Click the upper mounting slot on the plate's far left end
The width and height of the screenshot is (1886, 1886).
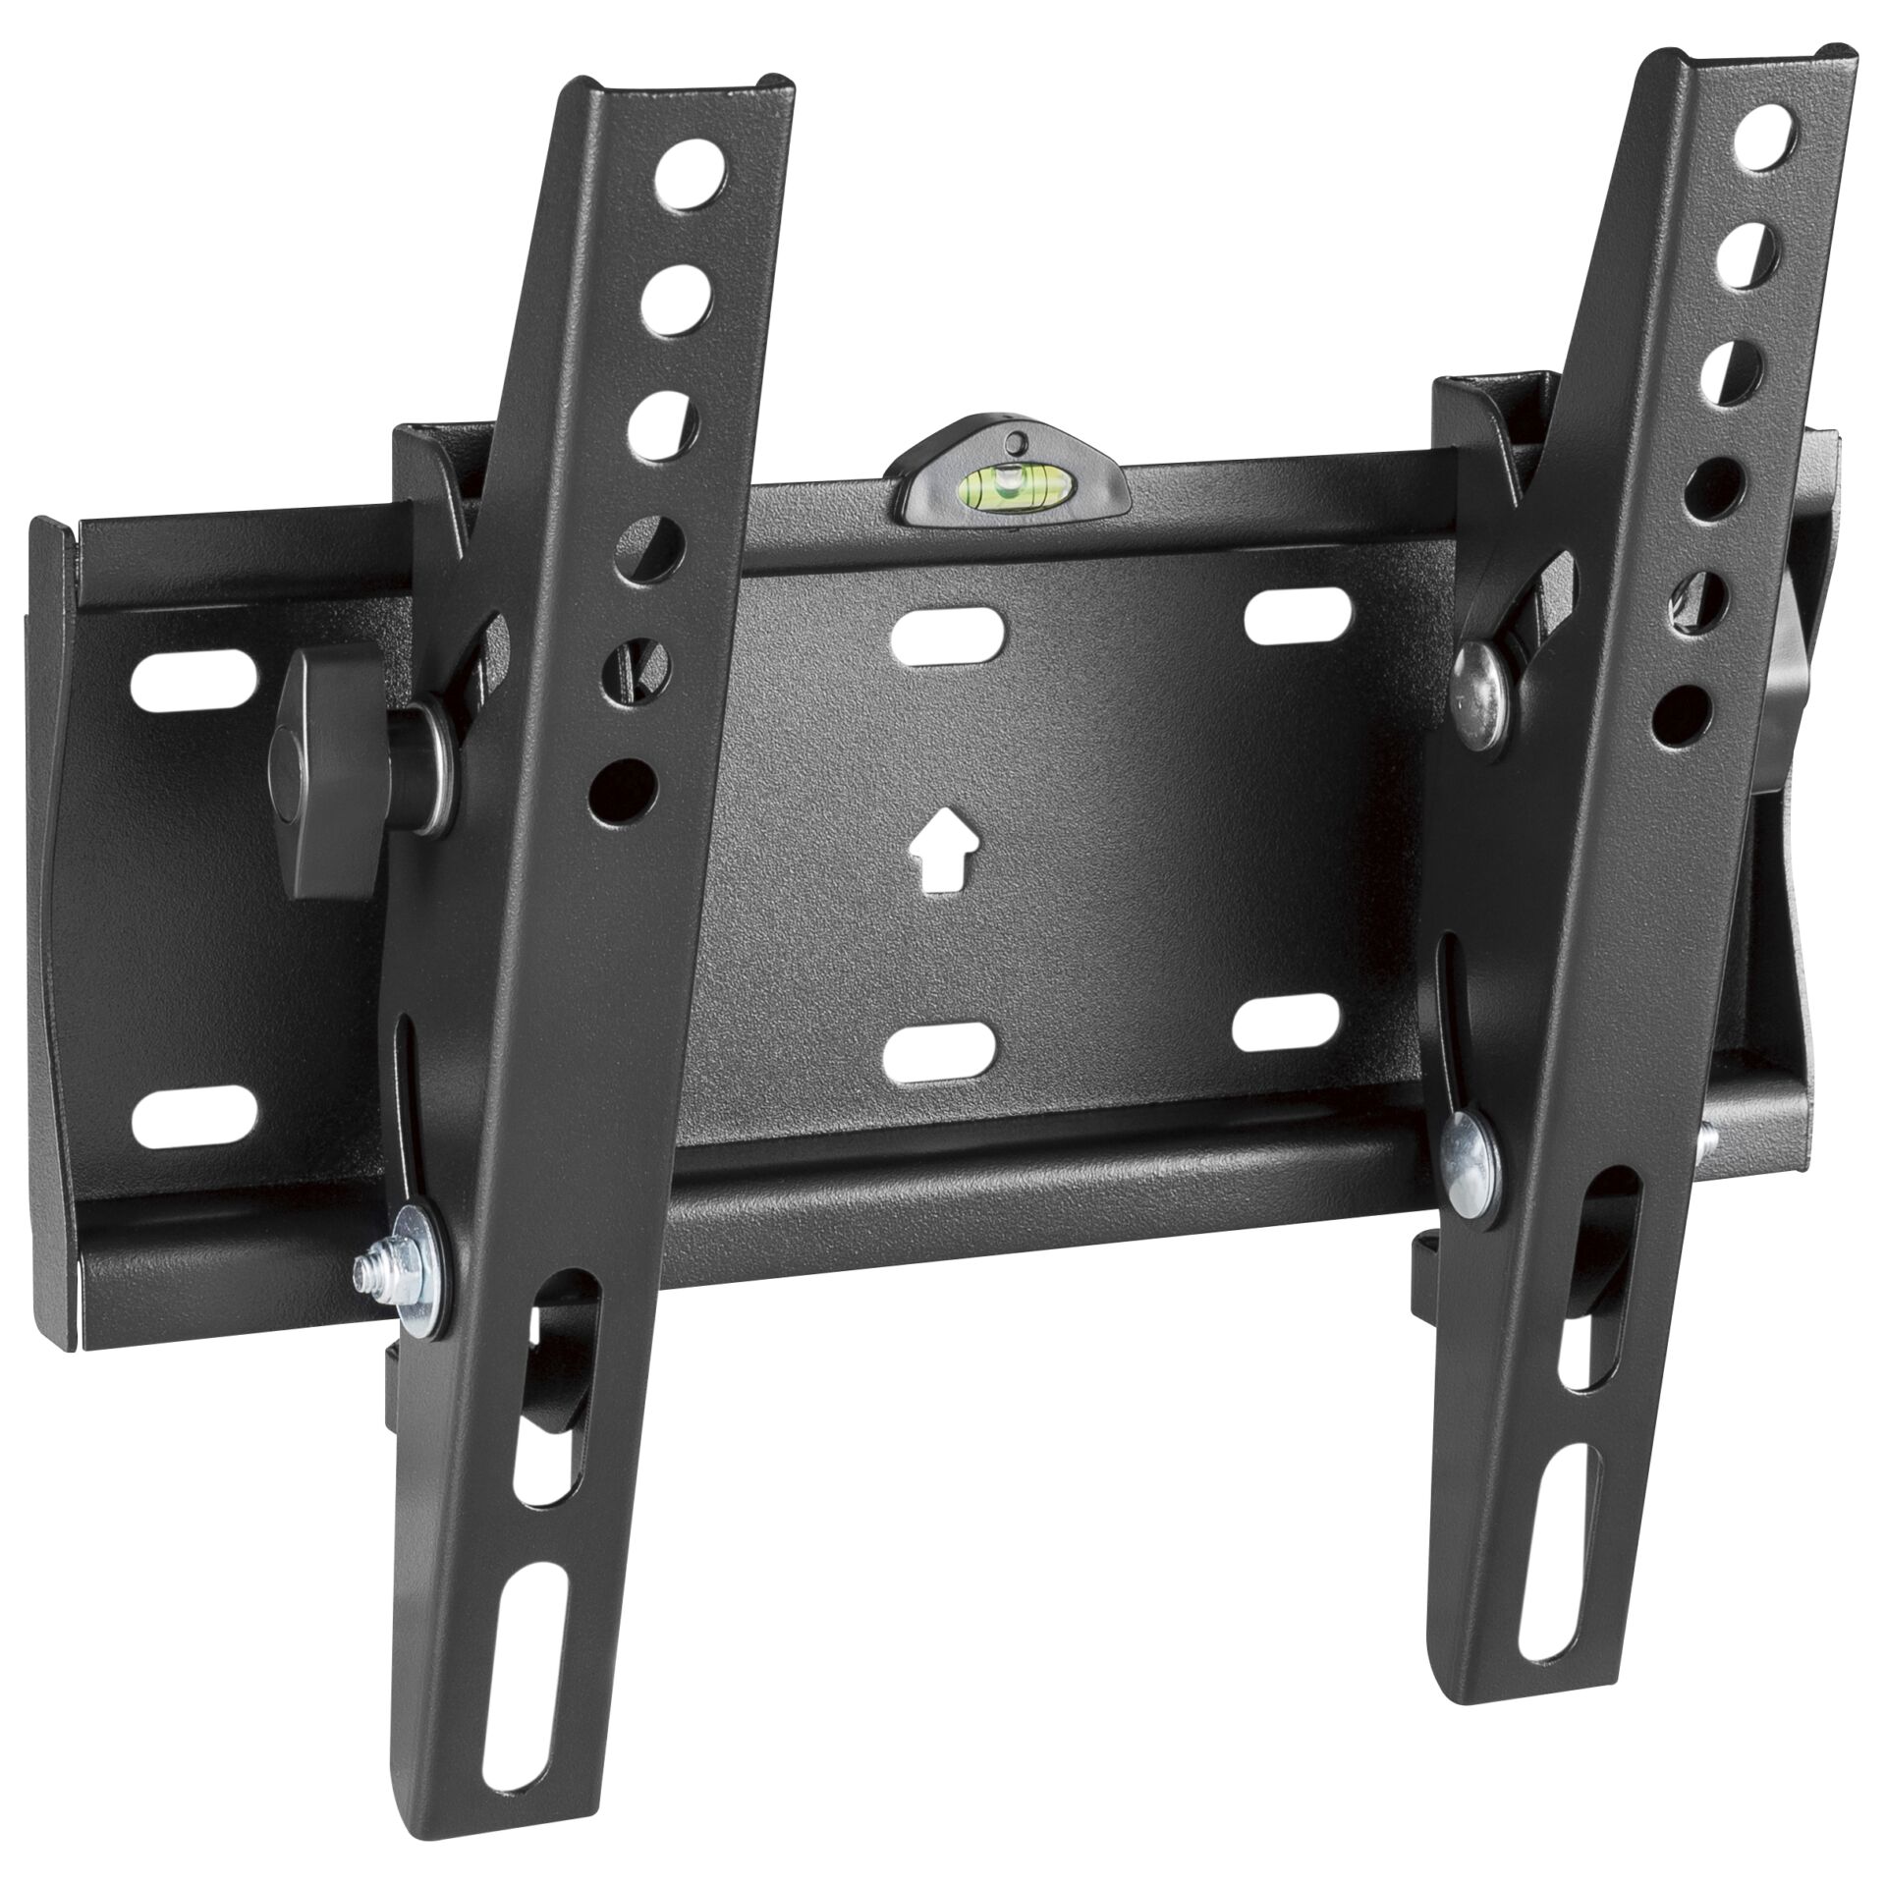coord(194,677)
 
